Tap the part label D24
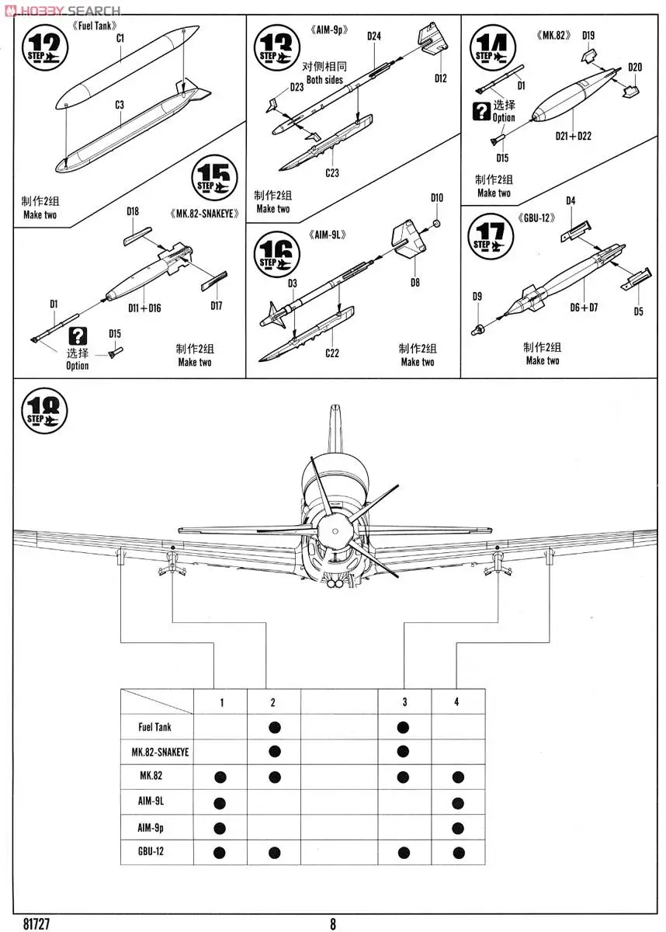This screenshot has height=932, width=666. tap(374, 36)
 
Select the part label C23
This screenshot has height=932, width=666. tap(332, 172)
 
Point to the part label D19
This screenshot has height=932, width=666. tap(588, 35)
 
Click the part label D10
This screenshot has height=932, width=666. tap(437, 198)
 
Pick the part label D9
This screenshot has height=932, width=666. tap(477, 296)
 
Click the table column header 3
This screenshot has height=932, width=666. tap(404, 702)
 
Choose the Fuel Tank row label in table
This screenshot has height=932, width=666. tap(154, 728)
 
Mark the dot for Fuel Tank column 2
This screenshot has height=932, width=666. tap(273, 728)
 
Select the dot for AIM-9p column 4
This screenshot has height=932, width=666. tap(457, 828)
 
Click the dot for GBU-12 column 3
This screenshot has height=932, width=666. tap(404, 853)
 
